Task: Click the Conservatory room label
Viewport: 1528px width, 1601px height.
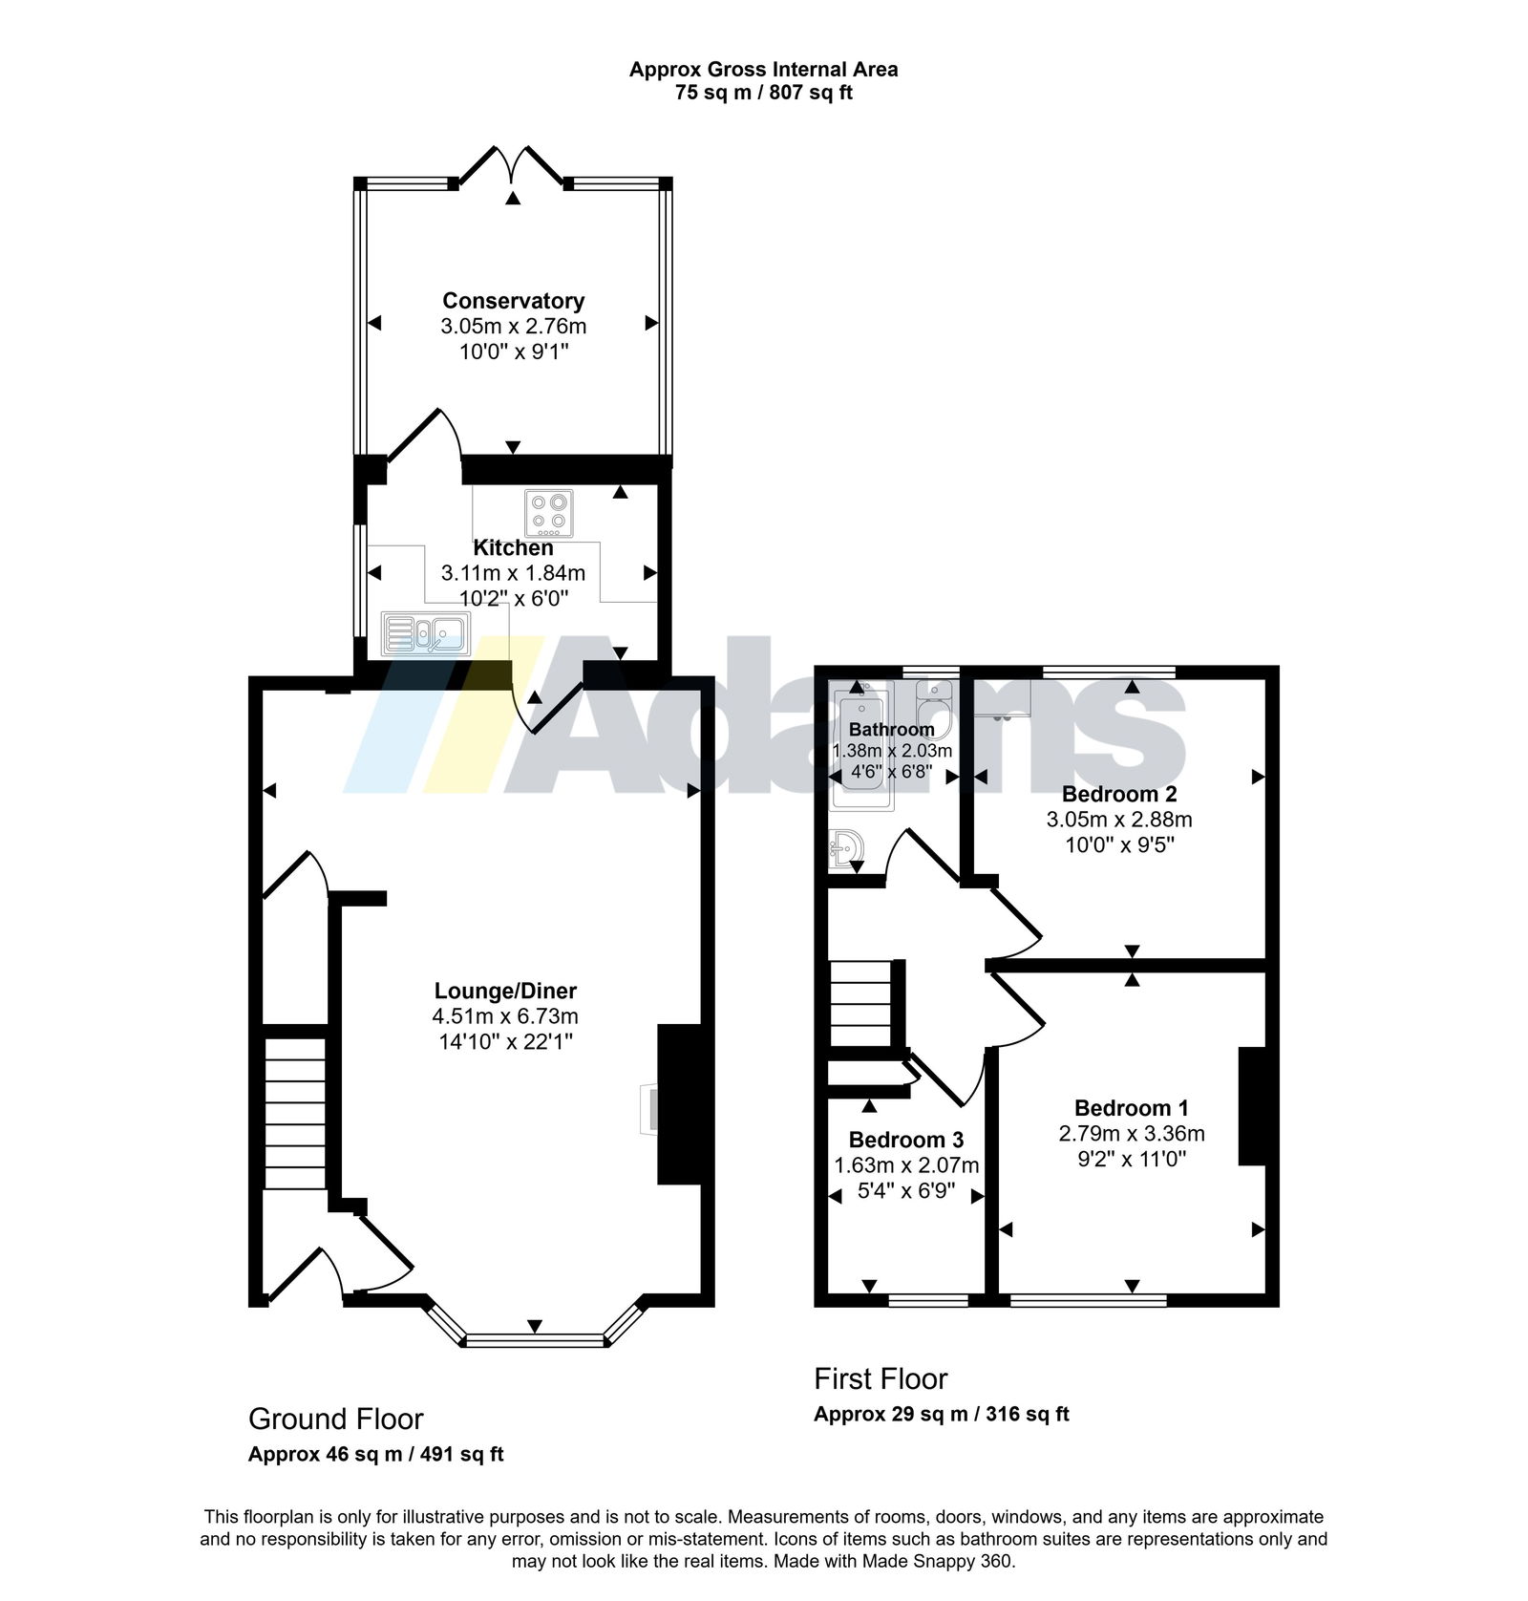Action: tap(513, 301)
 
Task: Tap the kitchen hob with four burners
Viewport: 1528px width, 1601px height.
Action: tap(549, 513)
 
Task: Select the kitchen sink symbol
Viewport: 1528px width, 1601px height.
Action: tap(426, 633)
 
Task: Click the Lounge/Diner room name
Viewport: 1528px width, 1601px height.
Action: tap(505, 991)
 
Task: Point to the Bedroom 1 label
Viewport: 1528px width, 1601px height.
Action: tap(1132, 1108)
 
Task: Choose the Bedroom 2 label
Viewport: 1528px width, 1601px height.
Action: tap(1119, 794)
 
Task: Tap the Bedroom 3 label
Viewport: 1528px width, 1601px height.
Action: tap(906, 1140)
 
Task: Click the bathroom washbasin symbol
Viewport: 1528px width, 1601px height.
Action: tap(847, 848)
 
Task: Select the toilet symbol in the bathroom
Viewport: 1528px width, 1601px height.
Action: tap(933, 707)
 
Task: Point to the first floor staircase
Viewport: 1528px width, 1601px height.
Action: tap(860, 1005)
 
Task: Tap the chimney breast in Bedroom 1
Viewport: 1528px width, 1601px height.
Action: tap(1252, 1106)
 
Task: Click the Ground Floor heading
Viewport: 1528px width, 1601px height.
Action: tap(336, 1419)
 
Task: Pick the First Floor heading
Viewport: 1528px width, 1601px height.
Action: tap(881, 1378)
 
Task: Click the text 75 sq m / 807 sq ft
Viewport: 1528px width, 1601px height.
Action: tap(763, 94)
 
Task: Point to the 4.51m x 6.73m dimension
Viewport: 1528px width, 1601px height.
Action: tap(505, 1015)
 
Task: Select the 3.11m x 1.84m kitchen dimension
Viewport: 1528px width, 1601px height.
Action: tap(513, 573)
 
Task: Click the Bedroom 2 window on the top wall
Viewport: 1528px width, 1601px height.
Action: tap(1109, 672)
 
